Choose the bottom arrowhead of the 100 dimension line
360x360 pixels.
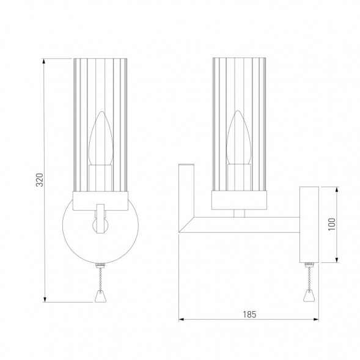point(339,260)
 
